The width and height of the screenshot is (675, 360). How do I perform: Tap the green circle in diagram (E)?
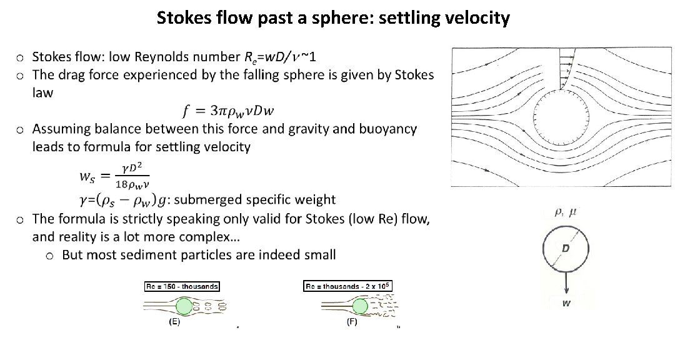coord(184,306)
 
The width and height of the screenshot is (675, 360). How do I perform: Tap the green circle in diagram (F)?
coord(359,306)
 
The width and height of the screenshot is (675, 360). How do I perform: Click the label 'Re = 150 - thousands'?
coord(181,286)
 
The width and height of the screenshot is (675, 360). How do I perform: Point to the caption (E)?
coord(175,322)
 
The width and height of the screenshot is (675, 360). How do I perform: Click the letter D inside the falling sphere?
coord(565,249)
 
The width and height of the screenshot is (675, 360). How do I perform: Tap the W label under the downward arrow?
coord(566,304)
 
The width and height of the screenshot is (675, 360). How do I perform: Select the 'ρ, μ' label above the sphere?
coord(564,213)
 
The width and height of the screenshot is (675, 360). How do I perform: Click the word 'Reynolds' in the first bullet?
coord(206,57)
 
